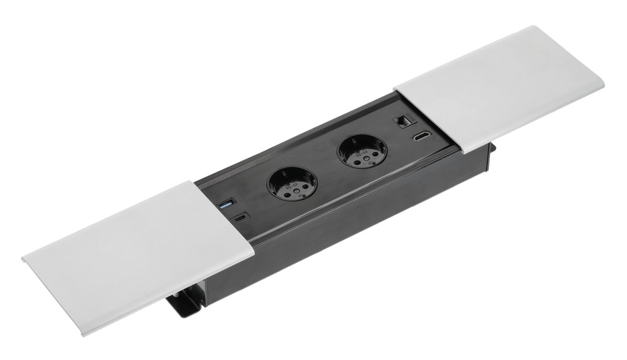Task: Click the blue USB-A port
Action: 226,203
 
